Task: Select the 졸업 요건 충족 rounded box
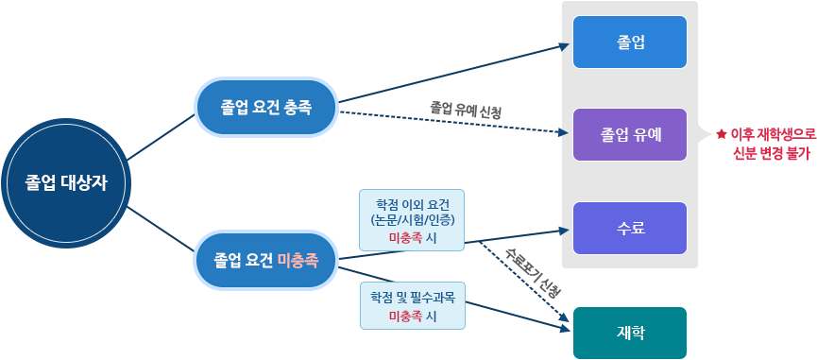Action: coord(265,107)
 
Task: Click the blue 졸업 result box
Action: coord(630,42)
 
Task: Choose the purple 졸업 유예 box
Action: coord(630,134)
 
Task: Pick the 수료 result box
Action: coord(630,228)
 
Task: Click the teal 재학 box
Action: coord(630,333)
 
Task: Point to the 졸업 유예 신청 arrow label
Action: coord(465,111)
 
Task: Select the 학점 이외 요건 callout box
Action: coord(412,220)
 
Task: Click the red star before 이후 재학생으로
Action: coord(721,135)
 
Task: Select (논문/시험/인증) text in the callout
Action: coord(412,220)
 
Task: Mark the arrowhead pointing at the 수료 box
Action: coord(566,229)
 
